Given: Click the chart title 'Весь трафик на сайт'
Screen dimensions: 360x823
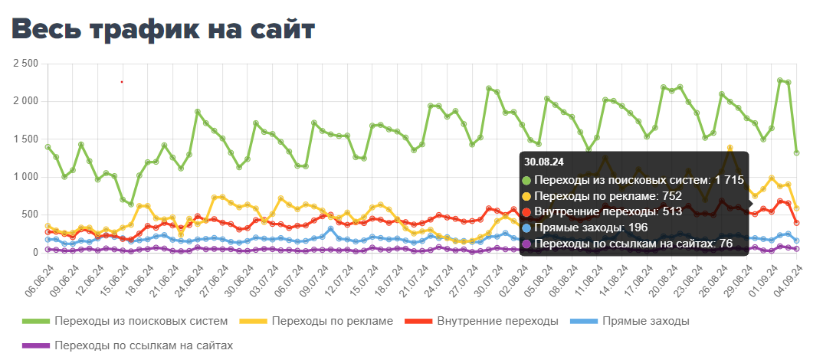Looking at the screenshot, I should pyautogui.click(x=163, y=30).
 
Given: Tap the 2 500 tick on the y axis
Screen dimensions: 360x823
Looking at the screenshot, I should pyautogui.click(x=26, y=64).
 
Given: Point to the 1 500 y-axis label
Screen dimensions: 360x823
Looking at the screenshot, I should pyautogui.click(x=26, y=139).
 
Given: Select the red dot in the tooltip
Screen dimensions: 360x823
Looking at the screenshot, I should pyautogui.click(x=526, y=213).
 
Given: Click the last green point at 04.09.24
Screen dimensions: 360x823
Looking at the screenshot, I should pyautogui.click(x=797, y=152).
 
